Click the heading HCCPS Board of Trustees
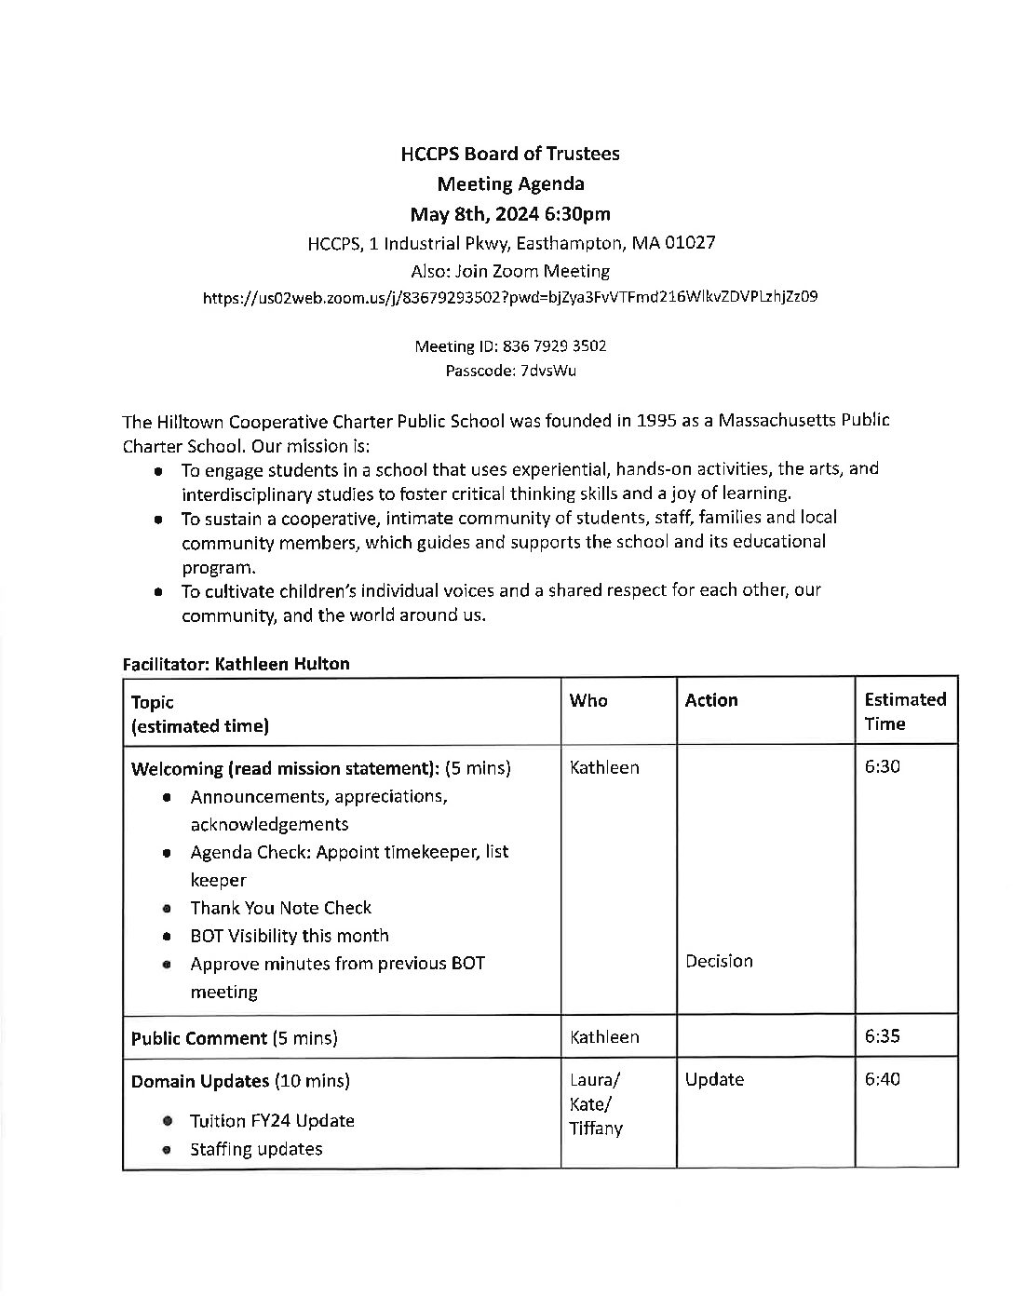509,154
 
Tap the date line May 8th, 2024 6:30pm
510,214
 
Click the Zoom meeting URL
510,299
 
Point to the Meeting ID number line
510,346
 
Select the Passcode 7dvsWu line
510,371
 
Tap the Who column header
588,700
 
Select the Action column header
711,700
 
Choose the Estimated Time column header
904,711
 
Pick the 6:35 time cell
882,1036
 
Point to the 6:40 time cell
882,1079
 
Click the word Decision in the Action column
719,961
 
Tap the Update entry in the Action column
714,1079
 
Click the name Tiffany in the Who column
596,1129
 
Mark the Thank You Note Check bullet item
280,908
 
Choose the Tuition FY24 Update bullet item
272,1120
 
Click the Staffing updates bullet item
256,1149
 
